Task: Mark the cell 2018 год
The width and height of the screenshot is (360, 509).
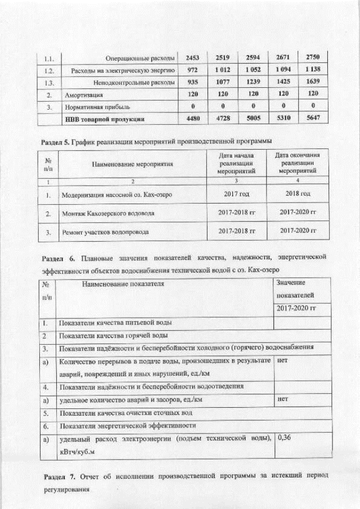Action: click(297, 194)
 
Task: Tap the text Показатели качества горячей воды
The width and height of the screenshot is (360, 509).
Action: click(114, 336)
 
